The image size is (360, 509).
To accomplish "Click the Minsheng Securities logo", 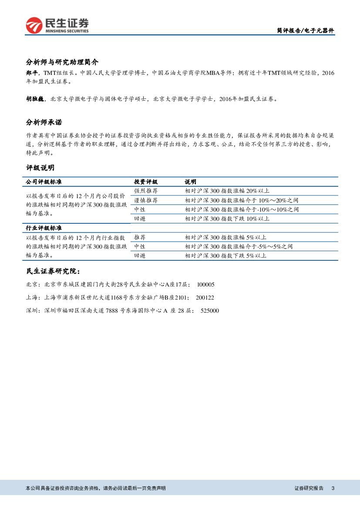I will click(57, 26).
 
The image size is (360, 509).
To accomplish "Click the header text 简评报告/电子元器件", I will click(305, 31).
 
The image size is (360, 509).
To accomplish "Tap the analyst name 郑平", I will click(32, 73).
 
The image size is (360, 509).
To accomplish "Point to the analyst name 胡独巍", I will click(34, 99).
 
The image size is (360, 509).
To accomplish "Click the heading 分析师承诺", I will click(47, 122).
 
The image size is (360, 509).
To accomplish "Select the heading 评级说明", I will click(40, 168).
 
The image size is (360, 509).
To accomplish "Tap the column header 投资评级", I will click(146, 182).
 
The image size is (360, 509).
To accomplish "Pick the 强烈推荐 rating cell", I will click(146, 191).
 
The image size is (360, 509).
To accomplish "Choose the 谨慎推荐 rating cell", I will click(146, 200).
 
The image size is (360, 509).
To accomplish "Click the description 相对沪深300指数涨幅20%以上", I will click(227, 191).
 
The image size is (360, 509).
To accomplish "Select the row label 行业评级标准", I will click(44, 228).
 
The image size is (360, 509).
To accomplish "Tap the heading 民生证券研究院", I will click(53, 271).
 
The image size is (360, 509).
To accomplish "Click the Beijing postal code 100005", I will click(205, 284).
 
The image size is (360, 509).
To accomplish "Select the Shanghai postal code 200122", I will click(205, 297).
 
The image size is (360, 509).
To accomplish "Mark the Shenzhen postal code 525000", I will click(209, 310).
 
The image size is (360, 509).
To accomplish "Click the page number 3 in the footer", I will click(333, 488).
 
